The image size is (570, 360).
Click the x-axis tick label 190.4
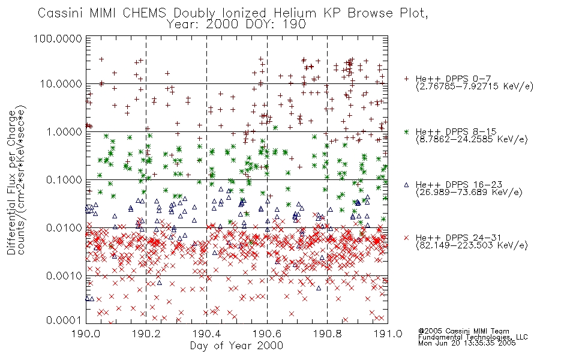coord(206,334)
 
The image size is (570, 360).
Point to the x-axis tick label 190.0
coord(86,334)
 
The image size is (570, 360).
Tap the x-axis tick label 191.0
coord(388,334)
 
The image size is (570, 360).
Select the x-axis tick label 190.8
coord(327,334)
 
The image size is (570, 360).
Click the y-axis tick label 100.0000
coord(58,38)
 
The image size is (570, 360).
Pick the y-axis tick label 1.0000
coord(64,131)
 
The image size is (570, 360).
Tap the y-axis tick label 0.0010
coord(64,276)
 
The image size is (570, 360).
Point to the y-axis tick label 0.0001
coord(64,320)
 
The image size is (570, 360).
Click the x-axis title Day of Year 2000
coord(236,346)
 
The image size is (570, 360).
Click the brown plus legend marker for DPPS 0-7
coord(406,79)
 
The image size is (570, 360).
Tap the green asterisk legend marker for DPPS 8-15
coord(406,131)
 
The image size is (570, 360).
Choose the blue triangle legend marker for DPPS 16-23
coord(406,185)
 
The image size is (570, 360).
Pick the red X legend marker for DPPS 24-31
coord(406,238)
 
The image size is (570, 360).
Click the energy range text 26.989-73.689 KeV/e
coord(469,193)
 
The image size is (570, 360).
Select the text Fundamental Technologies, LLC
coord(473,337)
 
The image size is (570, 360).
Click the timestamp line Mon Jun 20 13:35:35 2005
coord(467,343)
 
